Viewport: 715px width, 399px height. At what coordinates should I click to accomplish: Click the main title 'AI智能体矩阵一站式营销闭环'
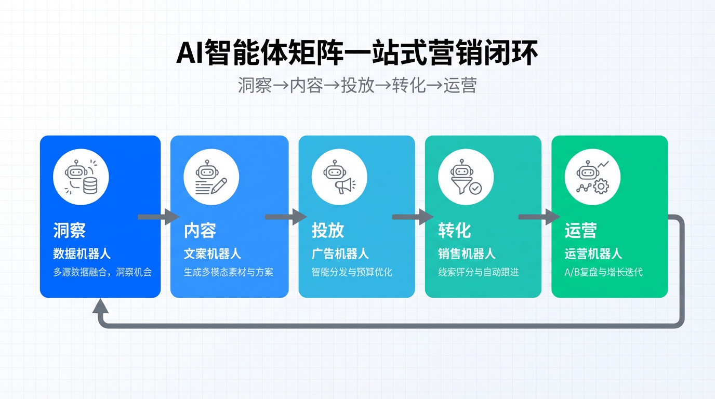point(357,53)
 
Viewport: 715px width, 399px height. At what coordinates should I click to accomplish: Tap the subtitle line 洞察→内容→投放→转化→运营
point(357,85)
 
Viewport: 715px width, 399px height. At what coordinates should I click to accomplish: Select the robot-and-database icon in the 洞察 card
point(81,177)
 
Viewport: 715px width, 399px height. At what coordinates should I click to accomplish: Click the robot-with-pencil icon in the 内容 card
point(211,177)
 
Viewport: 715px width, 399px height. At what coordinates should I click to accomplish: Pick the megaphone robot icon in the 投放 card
point(339,177)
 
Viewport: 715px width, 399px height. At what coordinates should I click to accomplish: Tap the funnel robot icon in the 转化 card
point(466,177)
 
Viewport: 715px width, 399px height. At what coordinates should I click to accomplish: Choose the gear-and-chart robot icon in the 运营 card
point(592,177)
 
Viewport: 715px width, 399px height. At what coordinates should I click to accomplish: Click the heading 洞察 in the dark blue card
point(69,230)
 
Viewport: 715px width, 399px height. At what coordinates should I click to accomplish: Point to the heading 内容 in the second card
point(200,230)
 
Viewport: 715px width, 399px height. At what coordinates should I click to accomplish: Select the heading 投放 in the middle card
point(327,230)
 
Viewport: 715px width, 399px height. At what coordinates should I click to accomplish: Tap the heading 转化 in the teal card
point(454,230)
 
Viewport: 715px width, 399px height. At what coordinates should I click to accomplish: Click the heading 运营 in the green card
point(580,230)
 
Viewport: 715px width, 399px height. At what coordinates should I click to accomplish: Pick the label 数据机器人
point(82,254)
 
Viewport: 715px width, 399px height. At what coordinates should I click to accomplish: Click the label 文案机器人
point(212,254)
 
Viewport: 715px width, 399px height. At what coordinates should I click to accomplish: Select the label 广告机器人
point(340,254)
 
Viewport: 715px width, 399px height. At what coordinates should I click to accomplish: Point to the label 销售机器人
point(467,254)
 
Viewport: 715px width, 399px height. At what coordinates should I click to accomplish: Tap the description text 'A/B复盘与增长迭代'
point(603,272)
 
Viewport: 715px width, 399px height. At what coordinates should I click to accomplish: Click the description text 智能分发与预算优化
point(351,272)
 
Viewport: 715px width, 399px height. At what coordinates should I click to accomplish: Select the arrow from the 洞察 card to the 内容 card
point(158,217)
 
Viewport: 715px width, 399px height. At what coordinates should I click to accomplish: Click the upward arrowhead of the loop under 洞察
point(100,307)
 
